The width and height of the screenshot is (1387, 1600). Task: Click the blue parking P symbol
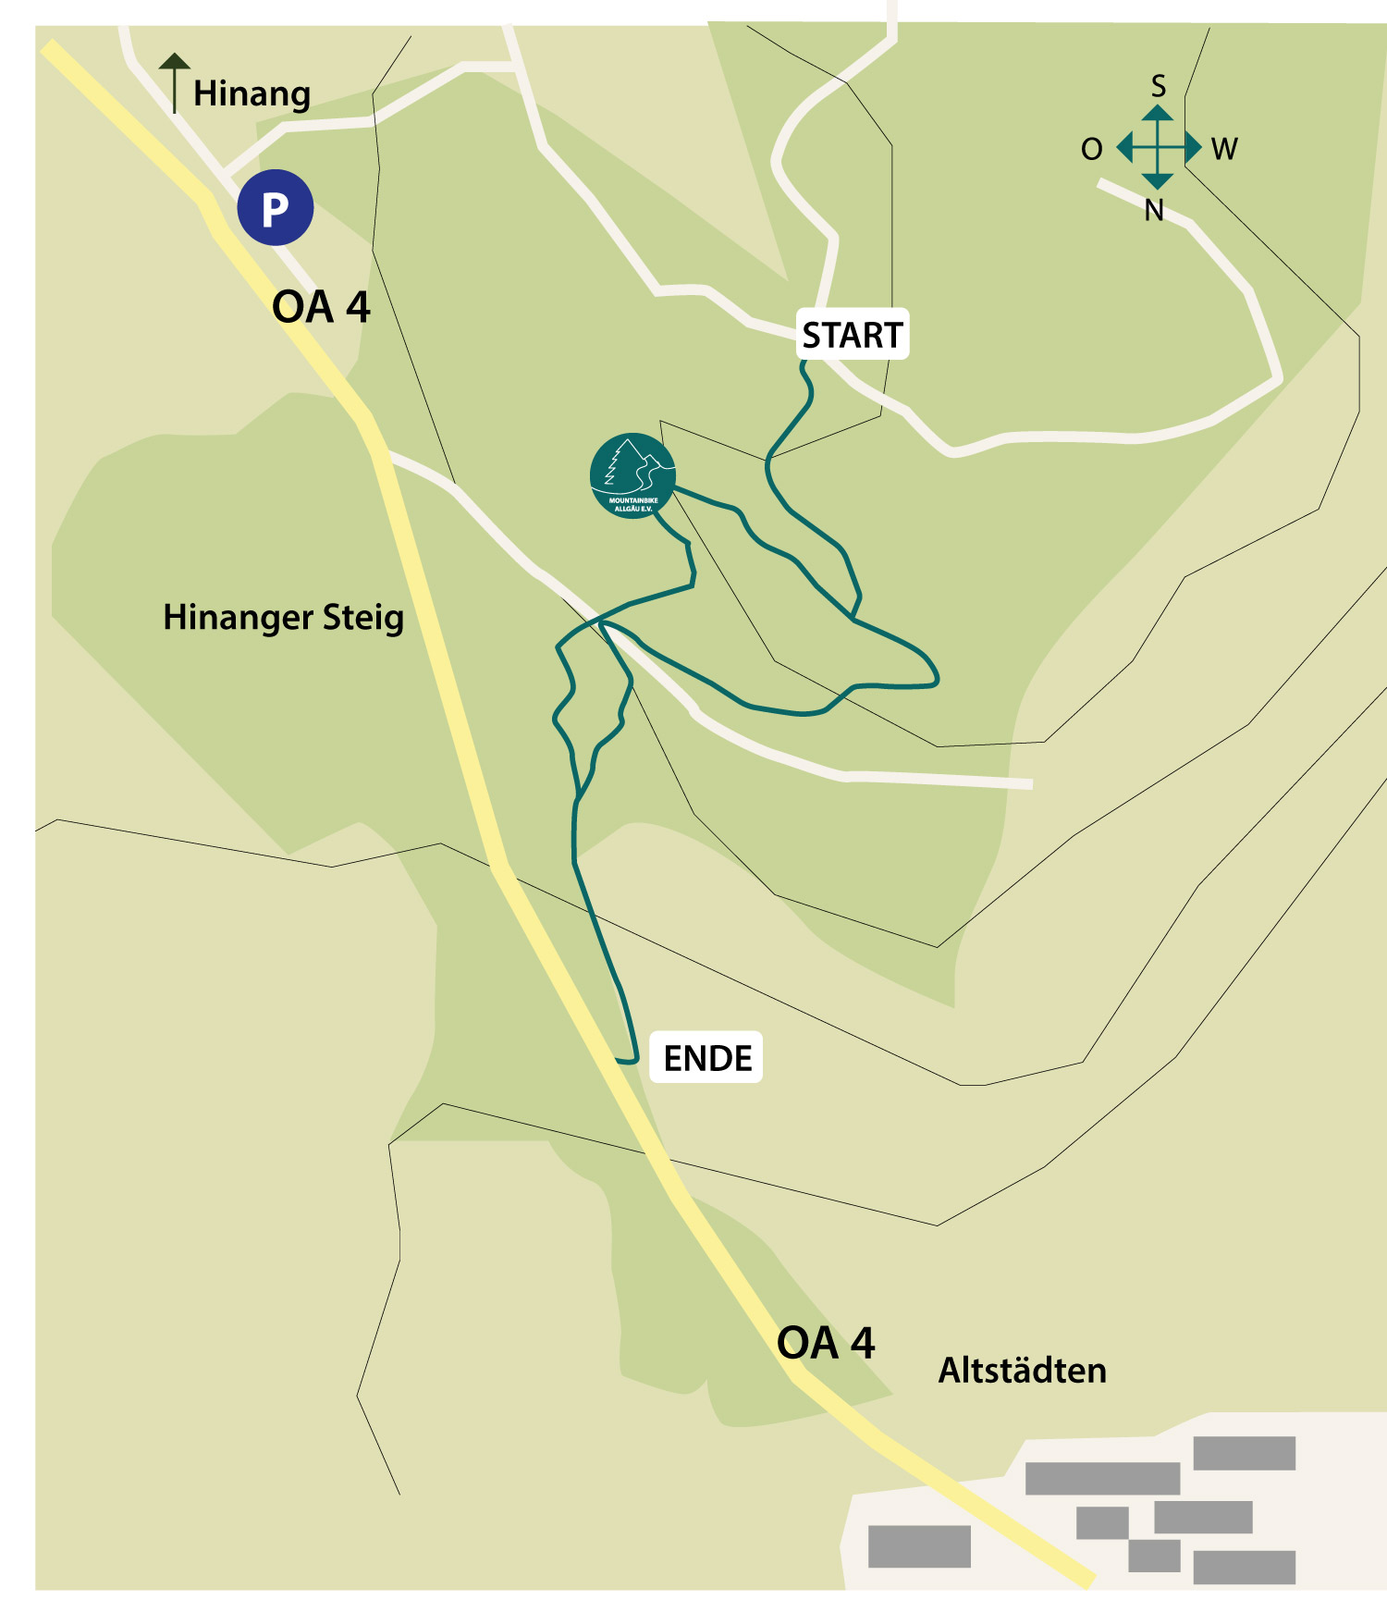click(276, 208)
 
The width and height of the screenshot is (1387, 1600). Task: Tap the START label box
click(852, 335)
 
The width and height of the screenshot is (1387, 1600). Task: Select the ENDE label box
click(707, 1058)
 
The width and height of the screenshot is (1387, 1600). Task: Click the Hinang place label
click(252, 94)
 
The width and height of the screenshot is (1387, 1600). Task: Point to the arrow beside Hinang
click(174, 82)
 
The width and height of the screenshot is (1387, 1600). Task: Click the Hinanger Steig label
click(283, 618)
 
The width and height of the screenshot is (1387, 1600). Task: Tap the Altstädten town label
click(1022, 1371)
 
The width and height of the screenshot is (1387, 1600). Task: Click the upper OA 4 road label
click(321, 307)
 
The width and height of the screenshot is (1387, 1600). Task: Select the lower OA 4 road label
click(825, 1343)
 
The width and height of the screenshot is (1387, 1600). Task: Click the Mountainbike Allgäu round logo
click(632, 475)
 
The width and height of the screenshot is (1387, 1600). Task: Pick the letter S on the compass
click(1158, 87)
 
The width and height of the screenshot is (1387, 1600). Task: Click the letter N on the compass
click(1154, 211)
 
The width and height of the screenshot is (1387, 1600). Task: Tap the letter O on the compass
click(1092, 149)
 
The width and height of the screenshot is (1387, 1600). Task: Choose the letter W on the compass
click(1224, 149)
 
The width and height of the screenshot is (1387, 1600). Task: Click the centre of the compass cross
click(1158, 147)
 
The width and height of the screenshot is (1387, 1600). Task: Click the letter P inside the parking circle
click(275, 210)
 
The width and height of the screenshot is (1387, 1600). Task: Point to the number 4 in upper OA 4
click(358, 307)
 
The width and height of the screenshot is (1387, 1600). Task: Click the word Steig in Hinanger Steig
click(362, 618)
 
